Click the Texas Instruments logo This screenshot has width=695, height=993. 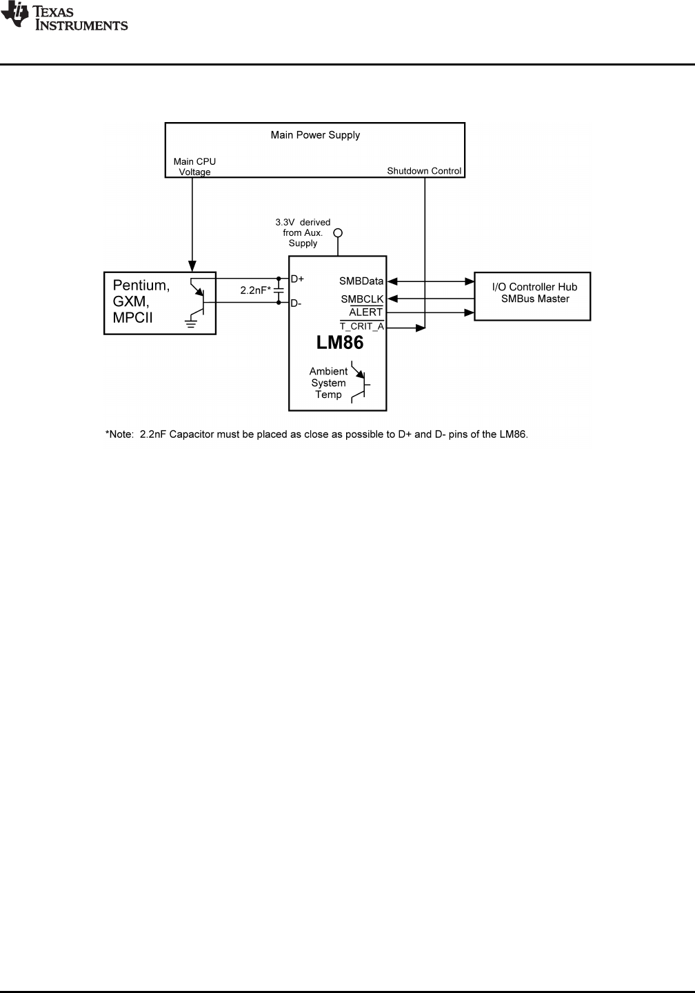[x=64, y=17]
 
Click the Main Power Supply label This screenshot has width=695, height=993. [x=315, y=135]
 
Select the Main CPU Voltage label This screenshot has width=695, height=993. [x=194, y=167]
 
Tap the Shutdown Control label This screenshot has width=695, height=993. [x=424, y=171]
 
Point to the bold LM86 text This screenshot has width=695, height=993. [x=340, y=343]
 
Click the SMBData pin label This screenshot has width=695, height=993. [x=361, y=281]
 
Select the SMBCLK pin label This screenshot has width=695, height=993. [x=362, y=299]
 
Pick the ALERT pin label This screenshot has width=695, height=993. [x=366, y=312]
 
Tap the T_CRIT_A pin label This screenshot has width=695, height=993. [x=362, y=326]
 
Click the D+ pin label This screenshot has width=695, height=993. [x=297, y=279]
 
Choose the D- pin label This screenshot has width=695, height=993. [x=296, y=303]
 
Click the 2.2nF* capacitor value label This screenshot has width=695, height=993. [x=255, y=291]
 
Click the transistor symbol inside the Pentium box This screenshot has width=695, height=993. [x=199, y=295]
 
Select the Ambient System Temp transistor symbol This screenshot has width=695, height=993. [x=361, y=383]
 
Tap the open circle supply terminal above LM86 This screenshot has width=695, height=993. [x=338, y=233]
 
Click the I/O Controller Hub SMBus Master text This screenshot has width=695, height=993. [x=534, y=293]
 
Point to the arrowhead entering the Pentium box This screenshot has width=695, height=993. [x=192, y=266]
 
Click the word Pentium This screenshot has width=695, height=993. [x=141, y=285]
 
